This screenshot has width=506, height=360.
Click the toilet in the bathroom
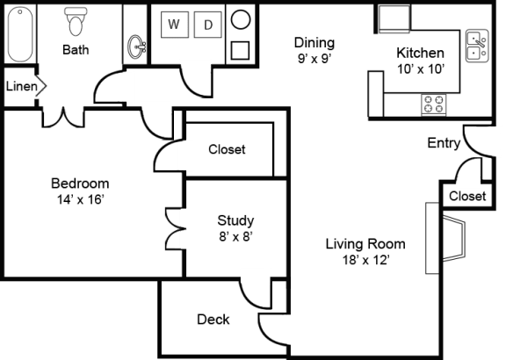point(76,21)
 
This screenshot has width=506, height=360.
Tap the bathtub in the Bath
point(20,34)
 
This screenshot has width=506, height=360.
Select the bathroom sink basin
point(137,47)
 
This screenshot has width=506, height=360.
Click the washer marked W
point(175,25)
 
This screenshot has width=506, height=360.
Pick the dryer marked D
point(208,25)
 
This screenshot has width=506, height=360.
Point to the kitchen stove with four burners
point(434,104)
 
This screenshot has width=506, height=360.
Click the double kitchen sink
point(477,46)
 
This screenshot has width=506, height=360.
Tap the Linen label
point(22,86)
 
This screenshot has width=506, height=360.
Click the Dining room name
point(314,42)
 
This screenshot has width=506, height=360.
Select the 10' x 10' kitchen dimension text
point(421,69)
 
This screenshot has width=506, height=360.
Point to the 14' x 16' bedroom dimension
point(80,199)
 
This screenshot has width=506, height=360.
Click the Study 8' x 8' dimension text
point(235,237)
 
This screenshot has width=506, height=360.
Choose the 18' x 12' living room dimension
point(366,260)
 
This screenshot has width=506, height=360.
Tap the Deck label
point(213,320)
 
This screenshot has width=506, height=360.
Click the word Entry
point(444,143)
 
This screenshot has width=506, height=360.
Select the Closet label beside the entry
point(467,196)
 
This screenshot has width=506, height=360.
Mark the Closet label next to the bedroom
point(227,149)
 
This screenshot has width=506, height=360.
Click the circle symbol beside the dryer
point(241,19)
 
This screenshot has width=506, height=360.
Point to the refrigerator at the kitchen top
point(394,18)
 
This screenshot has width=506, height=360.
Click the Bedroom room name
point(80,184)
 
